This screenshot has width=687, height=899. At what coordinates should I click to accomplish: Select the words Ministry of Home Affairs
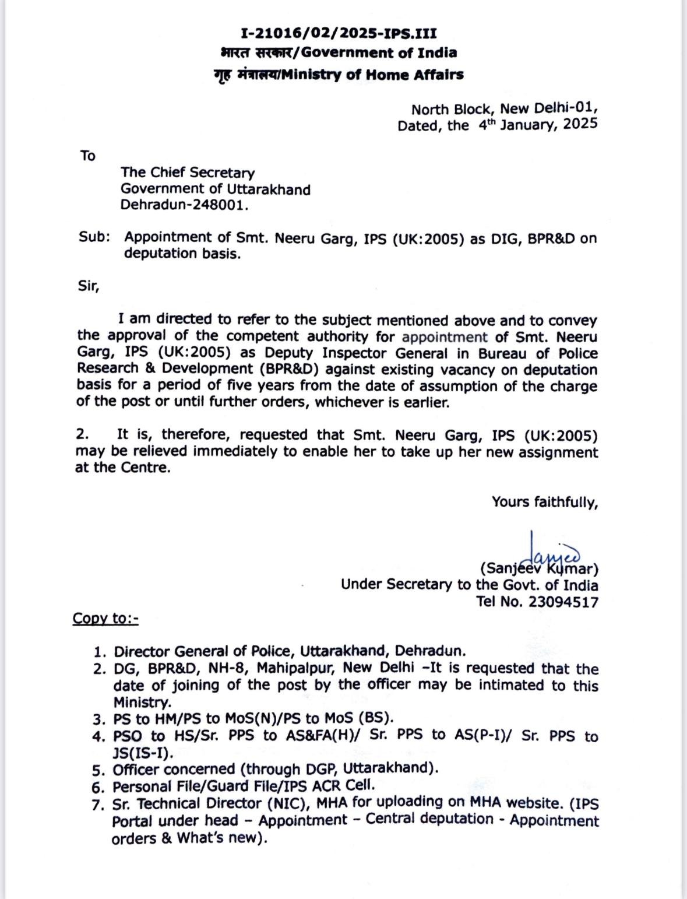coord(372,75)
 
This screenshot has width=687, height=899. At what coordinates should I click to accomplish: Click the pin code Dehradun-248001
coord(184,205)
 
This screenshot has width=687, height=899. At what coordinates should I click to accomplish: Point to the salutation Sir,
coord(89,286)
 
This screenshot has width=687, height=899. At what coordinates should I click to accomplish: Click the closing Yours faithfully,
coord(544,502)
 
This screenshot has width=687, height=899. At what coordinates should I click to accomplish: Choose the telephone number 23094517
coord(563,602)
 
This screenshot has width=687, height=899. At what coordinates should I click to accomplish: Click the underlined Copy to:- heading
coord(105,619)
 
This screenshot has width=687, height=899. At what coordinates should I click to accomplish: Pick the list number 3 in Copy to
coord(99,719)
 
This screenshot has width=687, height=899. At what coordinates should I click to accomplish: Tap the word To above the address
coord(88,156)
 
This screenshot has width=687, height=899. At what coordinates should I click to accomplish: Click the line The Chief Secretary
coord(188,173)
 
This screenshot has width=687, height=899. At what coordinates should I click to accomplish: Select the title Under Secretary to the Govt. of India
coord(469,585)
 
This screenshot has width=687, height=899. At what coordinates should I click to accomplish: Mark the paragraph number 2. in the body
coord(83,435)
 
